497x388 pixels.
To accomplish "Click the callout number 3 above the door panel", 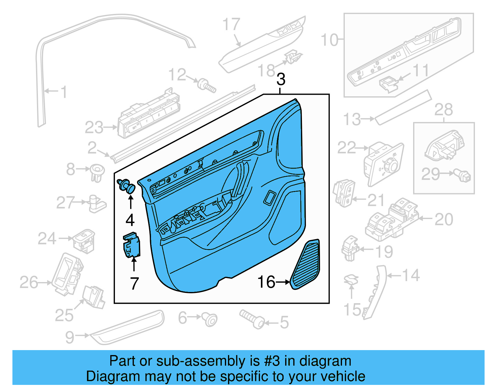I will (x=281, y=80).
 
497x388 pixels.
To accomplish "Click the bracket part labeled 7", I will (x=132, y=245).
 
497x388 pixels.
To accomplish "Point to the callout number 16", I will (x=266, y=282).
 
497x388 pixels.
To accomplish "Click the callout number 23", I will (x=94, y=128).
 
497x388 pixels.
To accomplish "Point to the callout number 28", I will (x=443, y=110).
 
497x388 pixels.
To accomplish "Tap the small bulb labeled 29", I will (x=463, y=176).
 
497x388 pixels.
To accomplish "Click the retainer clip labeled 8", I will (x=97, y=173).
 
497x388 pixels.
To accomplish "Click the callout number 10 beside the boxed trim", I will (x=329, y=40).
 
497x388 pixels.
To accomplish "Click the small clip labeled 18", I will (x=292, y=57).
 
